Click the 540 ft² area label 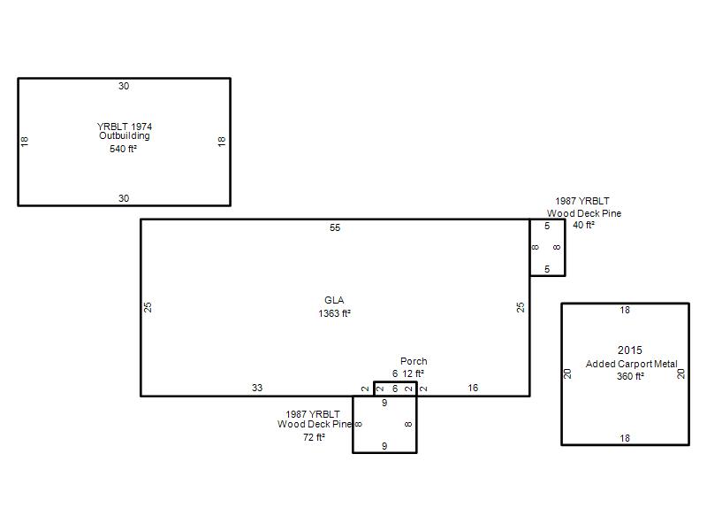[123, 149]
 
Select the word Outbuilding [125, 135]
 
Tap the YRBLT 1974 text [125, 127]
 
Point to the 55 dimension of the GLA [335, 227]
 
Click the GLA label [334, 300]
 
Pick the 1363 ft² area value [335, 313]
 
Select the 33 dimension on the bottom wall [257, 388]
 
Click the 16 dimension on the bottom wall [473, 388]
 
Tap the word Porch [414, 361]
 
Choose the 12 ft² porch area [413, 373]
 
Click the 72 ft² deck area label [314, 437]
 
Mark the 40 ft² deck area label [583, 225]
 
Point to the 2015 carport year [630, 350]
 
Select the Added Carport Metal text [631, 364]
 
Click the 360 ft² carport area [630, 376]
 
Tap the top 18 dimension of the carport [625, 311]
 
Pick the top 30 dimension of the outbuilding [124, 86]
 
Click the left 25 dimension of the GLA [148, 307]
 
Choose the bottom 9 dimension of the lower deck [384, 446]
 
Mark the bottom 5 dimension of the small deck [547, 269]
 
